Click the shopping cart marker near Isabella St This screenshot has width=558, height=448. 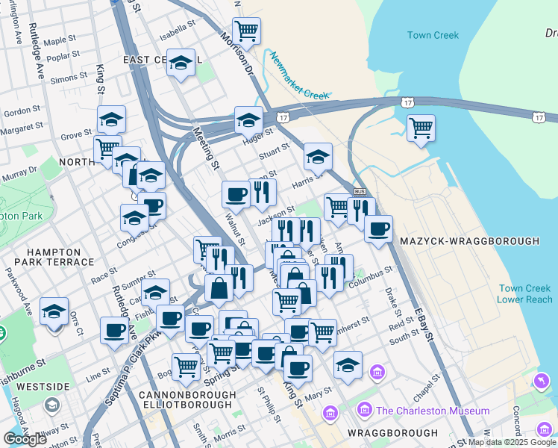point(246,31)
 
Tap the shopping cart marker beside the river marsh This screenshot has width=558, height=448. point(421,128)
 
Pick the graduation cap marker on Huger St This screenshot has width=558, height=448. point(248,119)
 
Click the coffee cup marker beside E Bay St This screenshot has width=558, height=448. point(379,228)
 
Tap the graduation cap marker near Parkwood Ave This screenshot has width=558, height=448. point(54,311)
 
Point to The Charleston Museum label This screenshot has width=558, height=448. point(433,411)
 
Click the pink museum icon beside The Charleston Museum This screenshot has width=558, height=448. point(366,410)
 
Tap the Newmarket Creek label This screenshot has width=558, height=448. point(298,77)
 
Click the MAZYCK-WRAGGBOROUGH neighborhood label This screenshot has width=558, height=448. point(469,242)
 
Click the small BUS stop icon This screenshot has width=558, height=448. point(359,192)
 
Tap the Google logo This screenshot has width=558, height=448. point(25,439)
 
